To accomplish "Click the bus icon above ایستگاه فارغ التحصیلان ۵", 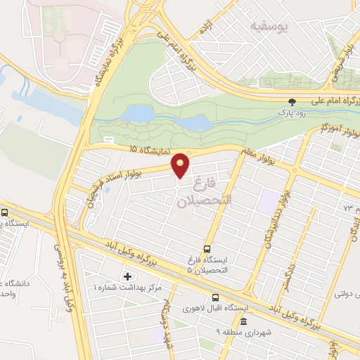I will [207, 248].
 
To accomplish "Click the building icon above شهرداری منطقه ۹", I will [243, 321].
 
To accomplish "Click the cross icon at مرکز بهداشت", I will [127, 276].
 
